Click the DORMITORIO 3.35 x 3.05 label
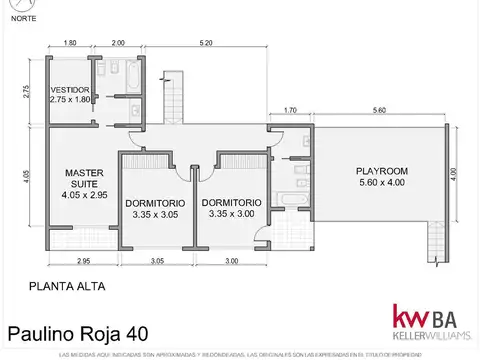[152, 207]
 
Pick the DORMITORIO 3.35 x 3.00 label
[231, 207]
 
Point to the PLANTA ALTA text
[67, 285]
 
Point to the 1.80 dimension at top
[70, 43]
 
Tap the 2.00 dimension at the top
[118, 43]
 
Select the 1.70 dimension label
[290, 110]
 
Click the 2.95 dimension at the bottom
[83, 261]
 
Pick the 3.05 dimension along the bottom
[157, 261]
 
